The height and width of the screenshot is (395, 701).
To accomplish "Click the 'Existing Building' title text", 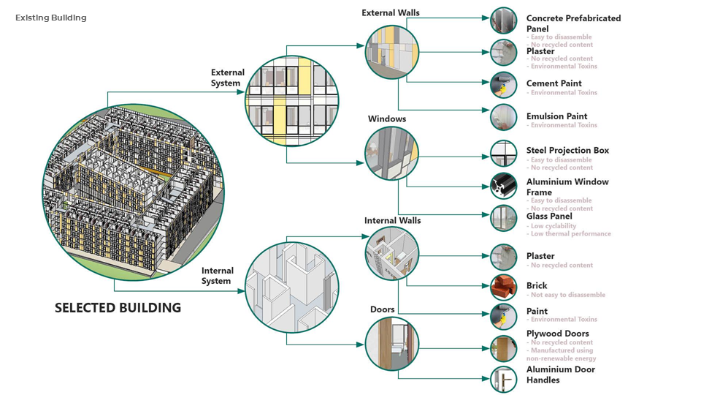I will (50, 18).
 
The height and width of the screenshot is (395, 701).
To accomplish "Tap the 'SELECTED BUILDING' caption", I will (118, 308).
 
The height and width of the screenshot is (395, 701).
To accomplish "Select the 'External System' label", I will (227, 78).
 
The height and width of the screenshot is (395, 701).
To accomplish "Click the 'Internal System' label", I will (217, 276).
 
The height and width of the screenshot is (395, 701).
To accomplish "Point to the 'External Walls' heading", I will (391, 13).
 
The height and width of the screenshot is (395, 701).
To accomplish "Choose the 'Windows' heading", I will (387, 118).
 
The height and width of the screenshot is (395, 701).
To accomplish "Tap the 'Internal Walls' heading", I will (392, 220).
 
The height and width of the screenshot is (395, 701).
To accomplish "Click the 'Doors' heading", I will (382, 309).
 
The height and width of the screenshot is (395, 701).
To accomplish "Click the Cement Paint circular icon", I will (504, 86).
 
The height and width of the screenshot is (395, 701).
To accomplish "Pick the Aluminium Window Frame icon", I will (504, 187).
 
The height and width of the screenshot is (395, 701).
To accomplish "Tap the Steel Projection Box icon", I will (504, 154).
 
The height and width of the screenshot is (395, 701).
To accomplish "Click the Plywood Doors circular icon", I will (504, 349).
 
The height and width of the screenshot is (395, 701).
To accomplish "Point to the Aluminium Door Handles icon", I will (504, 379).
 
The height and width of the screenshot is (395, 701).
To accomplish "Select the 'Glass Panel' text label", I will (549, 217).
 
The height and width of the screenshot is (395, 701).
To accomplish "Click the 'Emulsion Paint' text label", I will (556, 116).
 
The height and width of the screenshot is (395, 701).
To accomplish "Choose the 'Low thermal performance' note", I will (571, 234).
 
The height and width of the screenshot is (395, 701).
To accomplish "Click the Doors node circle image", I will (392, 343).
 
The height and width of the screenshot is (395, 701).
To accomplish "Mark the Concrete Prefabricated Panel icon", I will (504, 20).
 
